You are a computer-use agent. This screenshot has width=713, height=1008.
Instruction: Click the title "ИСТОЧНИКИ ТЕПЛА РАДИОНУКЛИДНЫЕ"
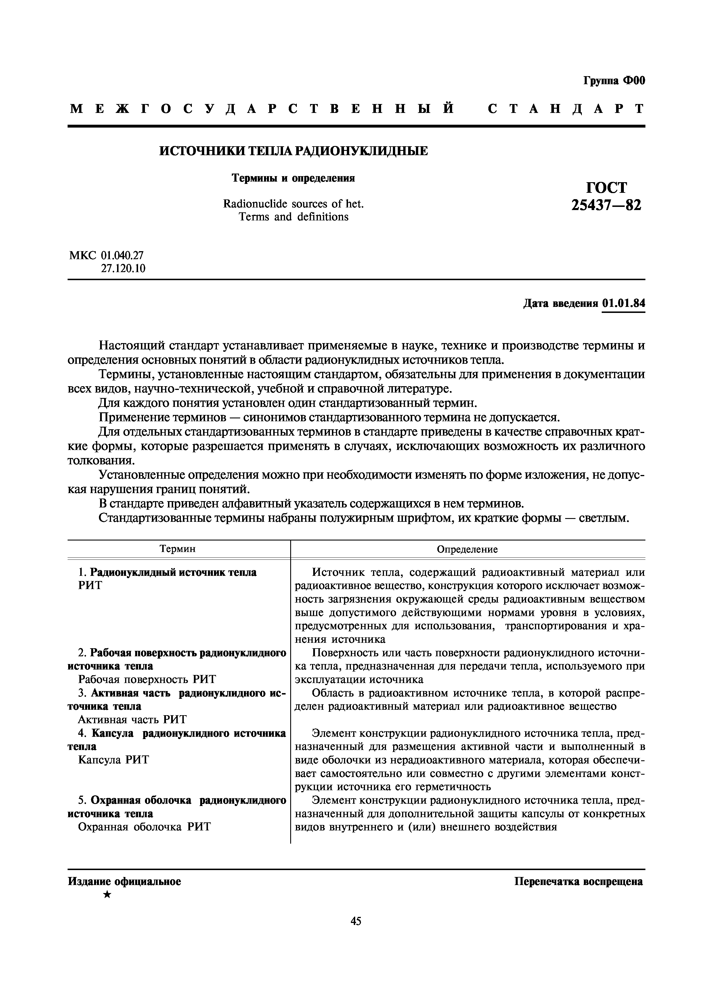click(293, 151)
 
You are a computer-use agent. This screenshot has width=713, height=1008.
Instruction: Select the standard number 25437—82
click(606, 205)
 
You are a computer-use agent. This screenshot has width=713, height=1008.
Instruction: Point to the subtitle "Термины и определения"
click(293, 178)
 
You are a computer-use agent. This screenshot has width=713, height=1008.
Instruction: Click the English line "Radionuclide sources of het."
click(293, 204)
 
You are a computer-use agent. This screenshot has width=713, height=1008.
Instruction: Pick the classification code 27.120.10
click(123, 268)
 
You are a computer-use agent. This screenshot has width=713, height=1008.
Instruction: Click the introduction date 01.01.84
click(623, 303)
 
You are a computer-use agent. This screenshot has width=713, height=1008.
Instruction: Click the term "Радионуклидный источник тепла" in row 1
click(173, 572)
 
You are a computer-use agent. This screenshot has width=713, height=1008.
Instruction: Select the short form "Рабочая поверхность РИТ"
click(147, 679)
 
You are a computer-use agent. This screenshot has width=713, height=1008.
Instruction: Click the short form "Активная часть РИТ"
click(132, 719)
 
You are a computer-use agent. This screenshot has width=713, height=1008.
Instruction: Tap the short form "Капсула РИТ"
click(114, 759)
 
